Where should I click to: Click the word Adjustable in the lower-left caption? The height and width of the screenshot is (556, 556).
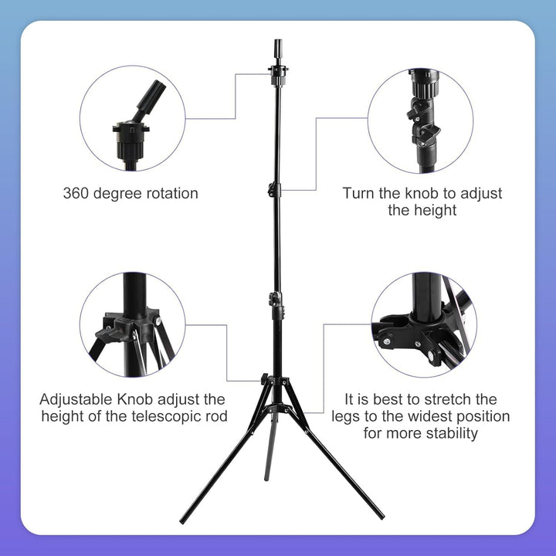tap(78, 400)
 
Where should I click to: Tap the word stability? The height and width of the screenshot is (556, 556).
tap(449, 434)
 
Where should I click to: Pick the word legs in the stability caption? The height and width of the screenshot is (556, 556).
tap(348, 417)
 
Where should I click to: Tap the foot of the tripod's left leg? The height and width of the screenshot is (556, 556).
tap(182, 520)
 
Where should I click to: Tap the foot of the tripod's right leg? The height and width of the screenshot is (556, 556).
tap(381, 516)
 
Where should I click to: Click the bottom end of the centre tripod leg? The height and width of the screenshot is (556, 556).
tap(267, 479)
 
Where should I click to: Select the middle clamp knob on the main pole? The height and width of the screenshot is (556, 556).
tap(274, 189)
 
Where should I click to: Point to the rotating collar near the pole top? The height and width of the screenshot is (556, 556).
tap(277, 73)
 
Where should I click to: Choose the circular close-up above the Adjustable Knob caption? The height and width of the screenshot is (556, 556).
tap(133, 324)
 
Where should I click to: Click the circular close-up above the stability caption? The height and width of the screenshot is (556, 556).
tap(423, 324)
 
